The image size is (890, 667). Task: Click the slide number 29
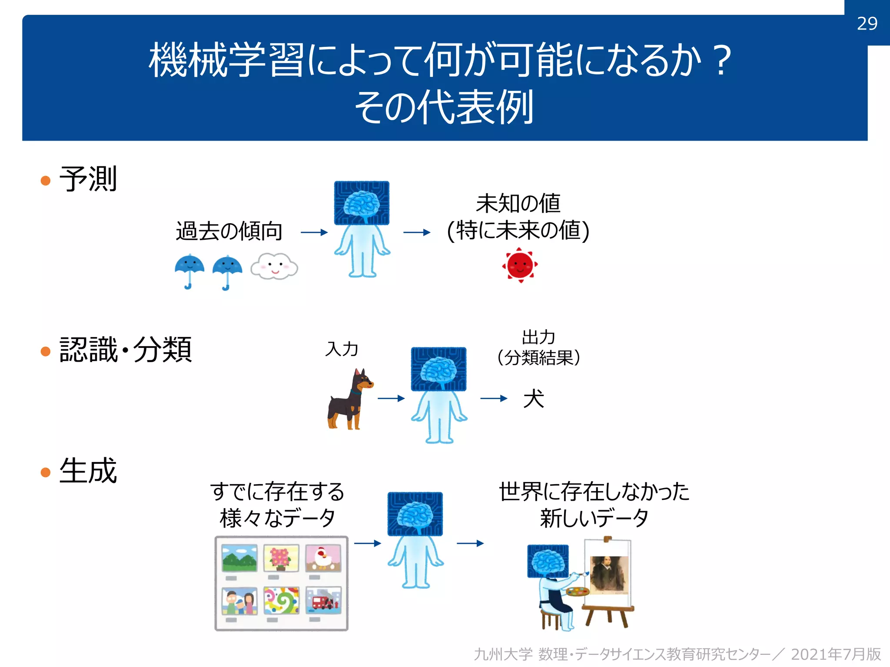867,23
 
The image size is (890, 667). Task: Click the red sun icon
520,265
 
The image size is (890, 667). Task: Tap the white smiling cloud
274,266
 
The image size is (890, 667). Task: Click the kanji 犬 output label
533,399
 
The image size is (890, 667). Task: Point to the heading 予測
88,178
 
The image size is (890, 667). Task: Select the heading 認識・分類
126,350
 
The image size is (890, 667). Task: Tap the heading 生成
88,471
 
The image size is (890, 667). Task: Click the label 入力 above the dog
342,349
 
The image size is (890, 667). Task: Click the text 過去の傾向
229,231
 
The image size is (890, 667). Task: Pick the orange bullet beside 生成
46,472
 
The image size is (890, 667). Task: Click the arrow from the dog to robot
391,398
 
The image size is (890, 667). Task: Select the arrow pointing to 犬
494,398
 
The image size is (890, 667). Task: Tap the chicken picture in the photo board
323,558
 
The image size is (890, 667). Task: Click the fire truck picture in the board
323,601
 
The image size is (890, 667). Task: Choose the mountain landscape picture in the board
239,558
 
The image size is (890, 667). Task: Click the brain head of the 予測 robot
362,203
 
